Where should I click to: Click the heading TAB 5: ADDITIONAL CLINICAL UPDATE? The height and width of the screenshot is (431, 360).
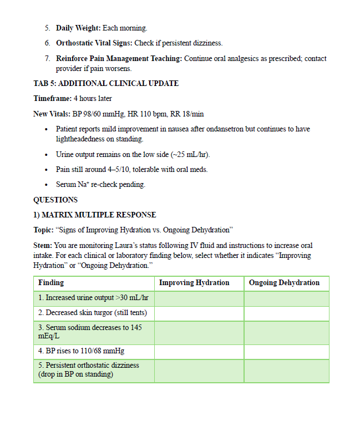click(106, 83)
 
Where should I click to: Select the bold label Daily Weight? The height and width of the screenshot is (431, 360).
click(78, 28)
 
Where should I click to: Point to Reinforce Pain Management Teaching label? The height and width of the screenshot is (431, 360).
click(119, 58)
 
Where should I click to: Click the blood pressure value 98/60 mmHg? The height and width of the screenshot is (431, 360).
click(96, 114)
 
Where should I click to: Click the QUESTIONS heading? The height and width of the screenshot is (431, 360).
click(55, 200)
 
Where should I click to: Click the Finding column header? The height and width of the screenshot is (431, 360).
click(51, 283)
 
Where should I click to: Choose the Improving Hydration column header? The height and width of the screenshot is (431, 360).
click(194, 283)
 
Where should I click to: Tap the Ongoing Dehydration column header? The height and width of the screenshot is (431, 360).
click(284, 283)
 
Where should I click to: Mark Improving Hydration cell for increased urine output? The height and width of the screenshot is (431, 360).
click(199, 298)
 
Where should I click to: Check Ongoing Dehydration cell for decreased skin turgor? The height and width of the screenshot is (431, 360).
click(286, 313)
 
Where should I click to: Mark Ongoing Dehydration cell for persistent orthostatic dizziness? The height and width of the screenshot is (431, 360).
click(286, 371)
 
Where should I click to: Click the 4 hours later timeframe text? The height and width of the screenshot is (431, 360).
click(93, 99)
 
